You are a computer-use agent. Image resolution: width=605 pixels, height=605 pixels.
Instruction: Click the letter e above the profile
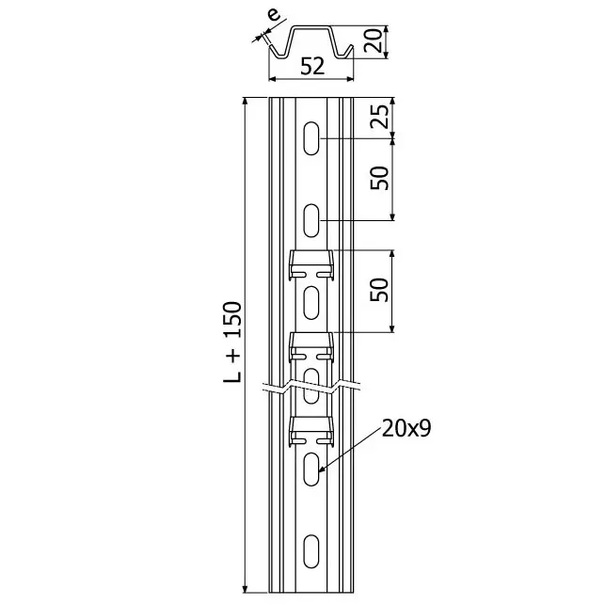pyautogui.click(x=274, y=15)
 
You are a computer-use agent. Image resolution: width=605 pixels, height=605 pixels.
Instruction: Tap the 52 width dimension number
pyautogui.click(x=312, y=67)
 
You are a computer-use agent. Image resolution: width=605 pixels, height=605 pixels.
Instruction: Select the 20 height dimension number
pyautogui.click(x=374, y=40)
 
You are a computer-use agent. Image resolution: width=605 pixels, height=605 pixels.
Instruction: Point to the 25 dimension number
pyautogui.click(x=379, y=116)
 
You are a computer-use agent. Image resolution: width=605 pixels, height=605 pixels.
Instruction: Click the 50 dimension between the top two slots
pyautogui.click(x=379, y=178)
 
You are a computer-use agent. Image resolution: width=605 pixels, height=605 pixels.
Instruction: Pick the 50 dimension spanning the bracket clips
pyautogui.click(x=379, y=290)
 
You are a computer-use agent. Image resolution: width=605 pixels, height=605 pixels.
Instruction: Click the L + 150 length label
pyautogui.click(x=232, y=342)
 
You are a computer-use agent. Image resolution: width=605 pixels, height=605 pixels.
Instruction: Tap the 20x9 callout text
pyautogui.click(x=406, y=428)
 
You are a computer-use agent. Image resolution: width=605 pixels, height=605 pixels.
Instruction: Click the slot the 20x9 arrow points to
pyautogui.click(x=311, y=469)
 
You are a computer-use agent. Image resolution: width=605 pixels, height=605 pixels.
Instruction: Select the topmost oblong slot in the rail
pyautogui.click(x=311, y=138)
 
